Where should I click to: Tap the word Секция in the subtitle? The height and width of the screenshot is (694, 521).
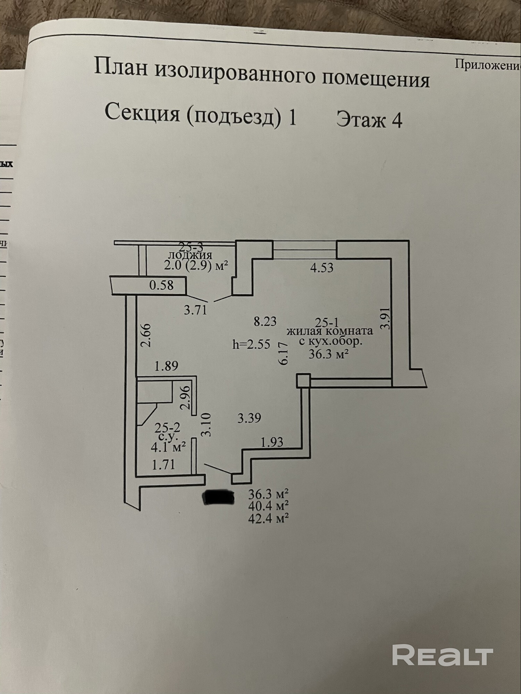coord(142,113)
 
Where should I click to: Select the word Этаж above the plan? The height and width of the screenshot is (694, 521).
coord(361,120)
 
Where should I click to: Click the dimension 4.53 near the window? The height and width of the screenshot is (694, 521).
coord(322,268)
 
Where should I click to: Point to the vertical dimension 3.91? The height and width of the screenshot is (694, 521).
coord(386,318)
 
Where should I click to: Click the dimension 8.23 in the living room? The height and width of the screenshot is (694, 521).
coord(265,321)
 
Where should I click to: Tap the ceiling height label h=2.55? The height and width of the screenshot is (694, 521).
coord(251,344)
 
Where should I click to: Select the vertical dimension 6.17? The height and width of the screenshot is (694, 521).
coord(284,353)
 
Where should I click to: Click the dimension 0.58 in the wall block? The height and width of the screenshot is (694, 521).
coord(161,285)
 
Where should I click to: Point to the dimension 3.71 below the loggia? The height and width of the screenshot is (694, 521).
coord(195,310)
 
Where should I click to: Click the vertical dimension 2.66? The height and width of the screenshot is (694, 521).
coord(146,335)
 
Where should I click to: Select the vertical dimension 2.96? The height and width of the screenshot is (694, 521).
coord(186,398)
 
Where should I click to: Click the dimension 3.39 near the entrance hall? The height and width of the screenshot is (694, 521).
coord(249,418)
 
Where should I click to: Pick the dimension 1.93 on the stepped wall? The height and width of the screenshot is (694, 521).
coord(272,442)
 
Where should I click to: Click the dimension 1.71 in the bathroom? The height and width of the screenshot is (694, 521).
coord(163,464)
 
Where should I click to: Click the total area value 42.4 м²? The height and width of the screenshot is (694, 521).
coord(269,518)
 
